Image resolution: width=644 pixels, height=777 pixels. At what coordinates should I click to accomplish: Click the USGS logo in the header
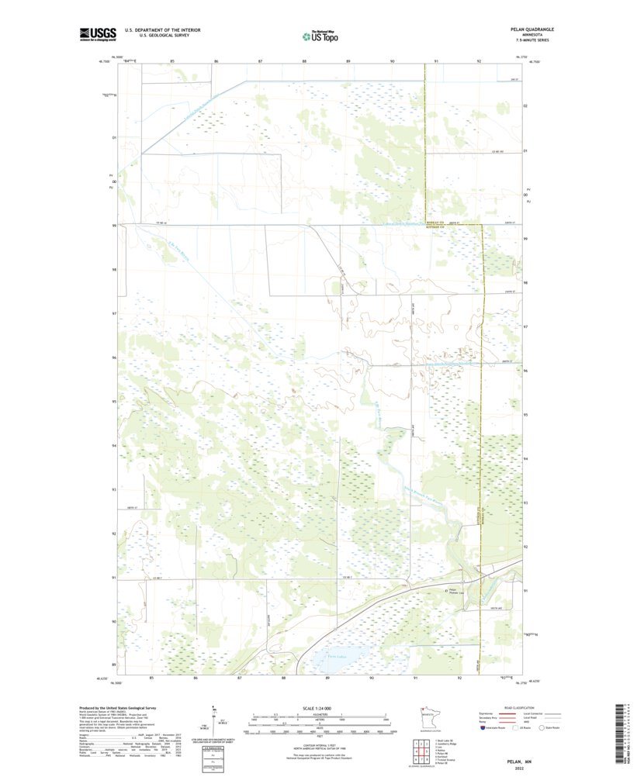98,33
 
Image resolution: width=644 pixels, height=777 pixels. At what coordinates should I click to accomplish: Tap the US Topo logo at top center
320,35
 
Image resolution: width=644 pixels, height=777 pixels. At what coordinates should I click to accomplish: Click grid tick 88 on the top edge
304,60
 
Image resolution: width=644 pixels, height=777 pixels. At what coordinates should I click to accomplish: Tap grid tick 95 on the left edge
114,402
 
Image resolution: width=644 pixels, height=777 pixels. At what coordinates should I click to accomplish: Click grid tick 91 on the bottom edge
416,678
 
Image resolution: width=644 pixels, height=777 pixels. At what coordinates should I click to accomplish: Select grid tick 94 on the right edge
526,458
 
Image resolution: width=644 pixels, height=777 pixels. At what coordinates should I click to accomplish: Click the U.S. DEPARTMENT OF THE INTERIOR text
168,30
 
